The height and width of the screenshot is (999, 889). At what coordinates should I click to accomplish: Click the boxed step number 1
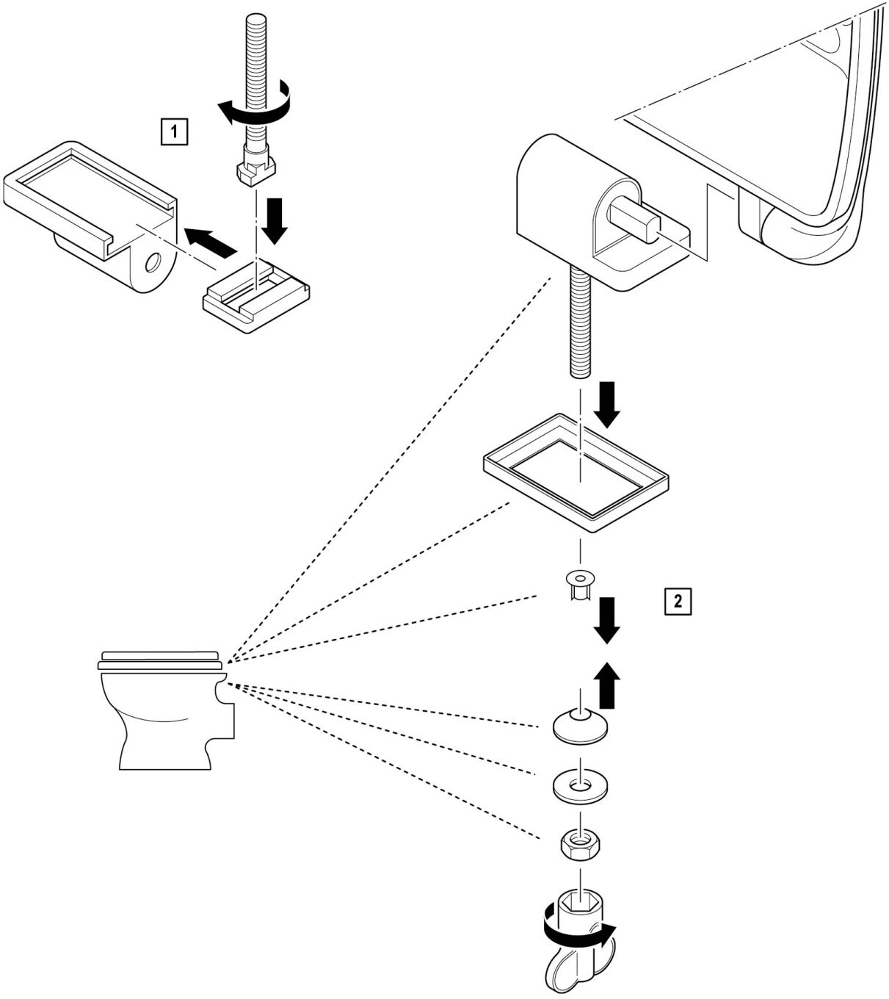click(x=173, y=132)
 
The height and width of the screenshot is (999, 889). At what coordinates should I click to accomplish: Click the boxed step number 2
click(x=677, y=601)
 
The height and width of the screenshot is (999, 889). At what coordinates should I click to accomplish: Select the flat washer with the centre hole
click(x=581, y=785)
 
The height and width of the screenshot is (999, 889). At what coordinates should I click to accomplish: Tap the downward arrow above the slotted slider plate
click(x=277, y=220)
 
